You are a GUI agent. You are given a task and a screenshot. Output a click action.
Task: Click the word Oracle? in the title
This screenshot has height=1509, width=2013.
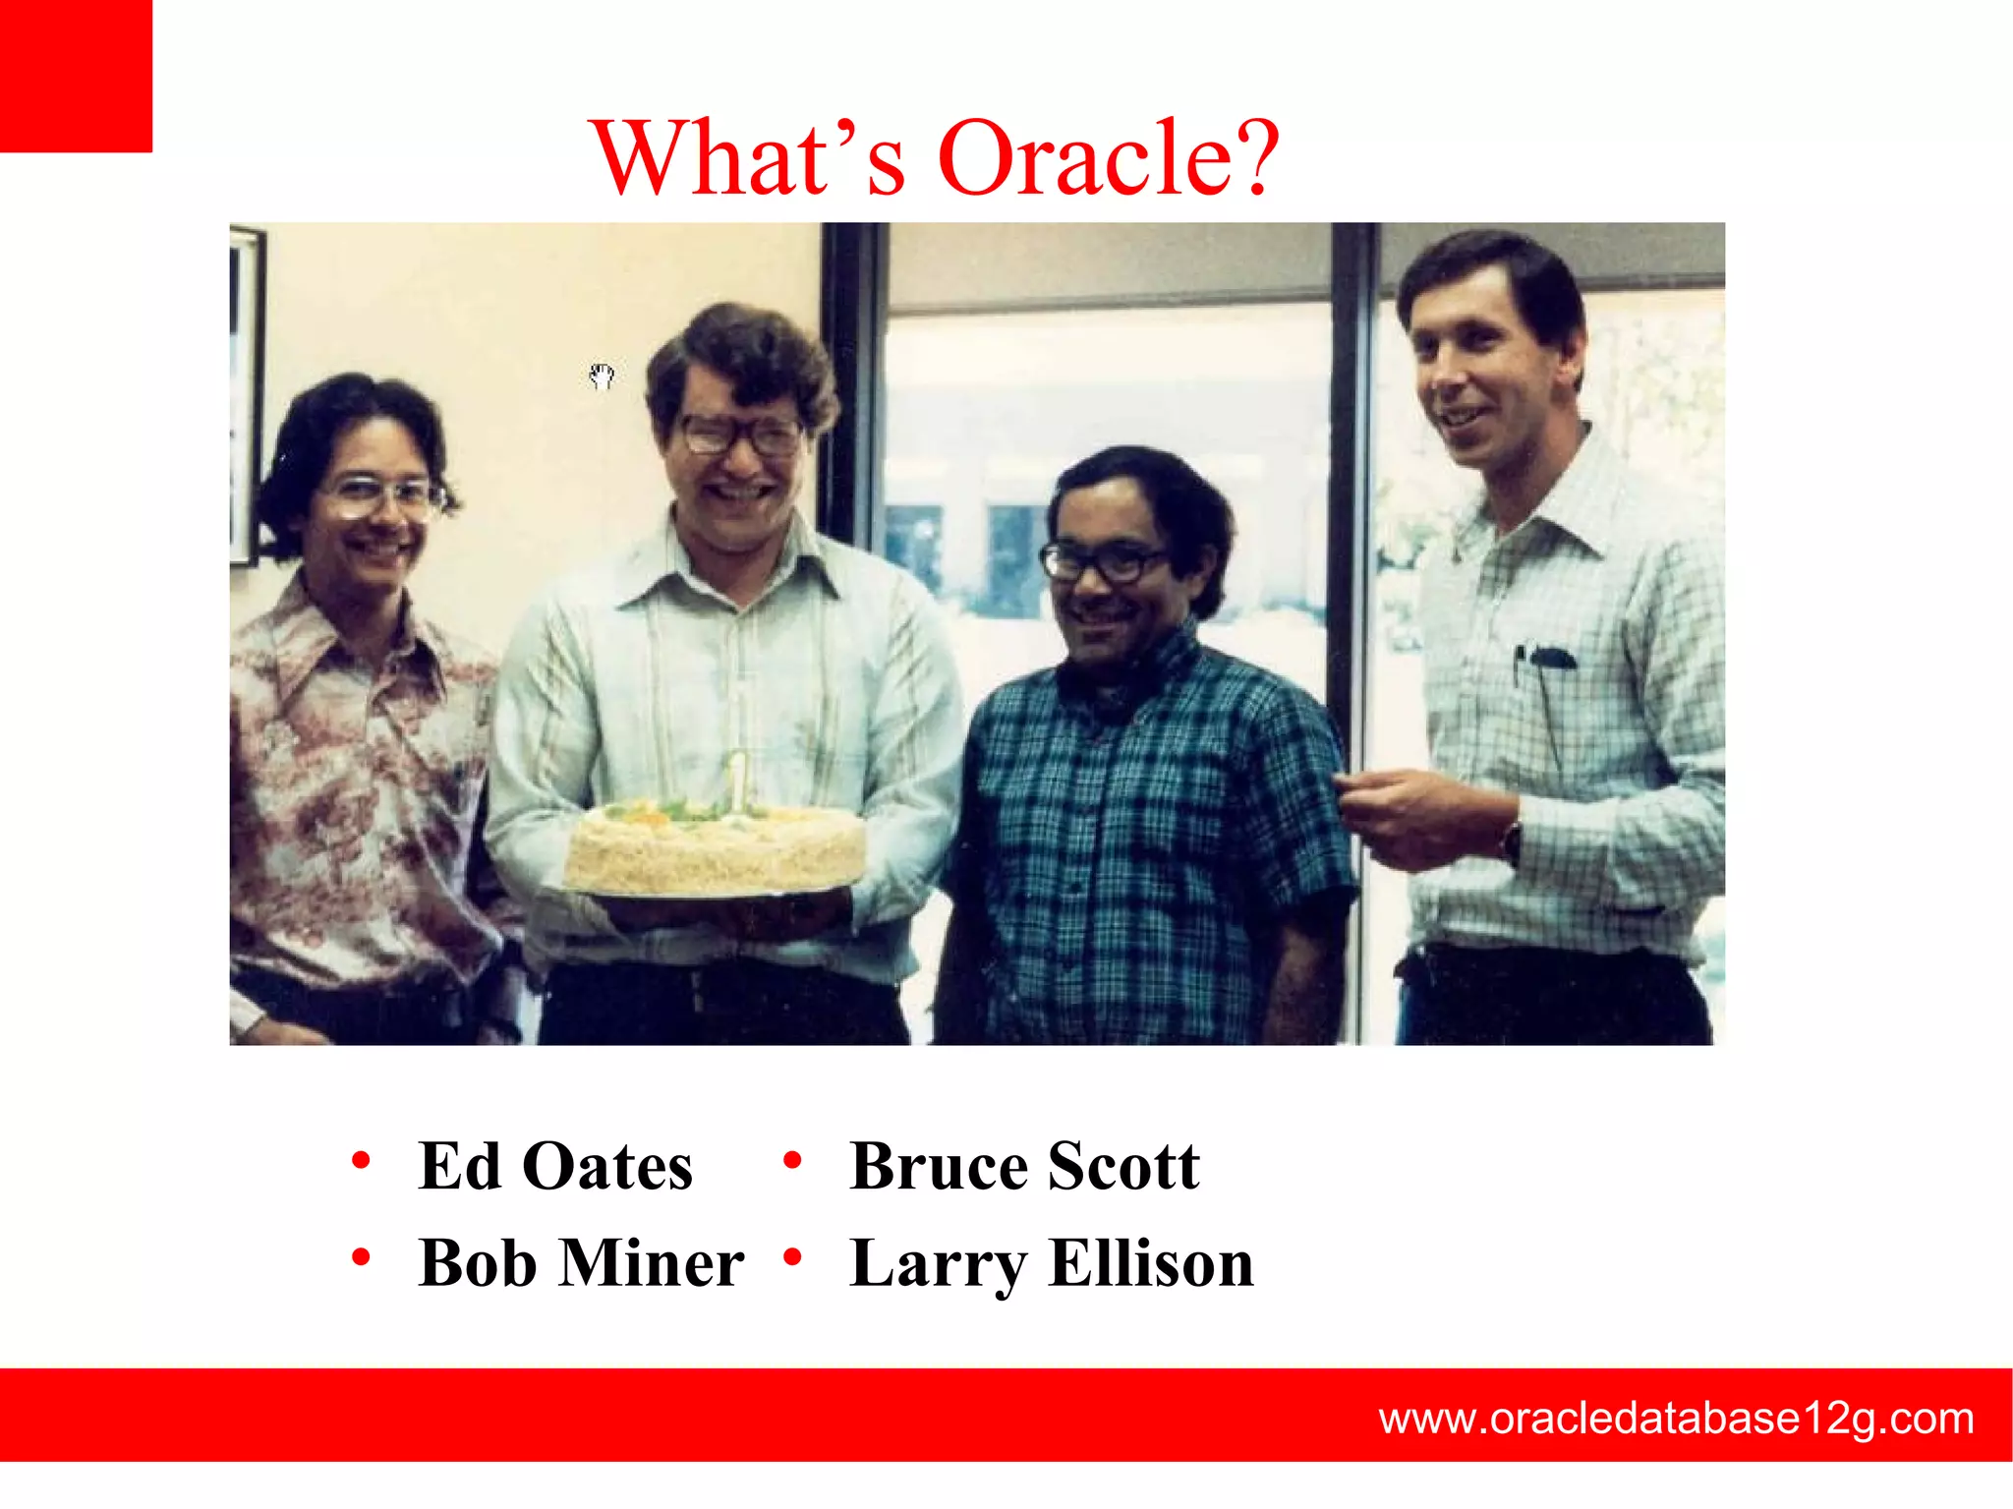pyautogui.click(x=1109, y=157)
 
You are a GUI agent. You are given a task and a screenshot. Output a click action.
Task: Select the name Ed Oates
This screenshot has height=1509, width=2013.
pyautogui.click(x=555, y=1166)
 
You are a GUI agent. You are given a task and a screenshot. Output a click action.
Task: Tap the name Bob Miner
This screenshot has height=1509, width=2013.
pyautogui.click(x=580, y=1262)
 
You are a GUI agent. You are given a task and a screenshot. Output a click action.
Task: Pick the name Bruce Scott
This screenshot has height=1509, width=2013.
pyautogui.click(x=1024, y=1166)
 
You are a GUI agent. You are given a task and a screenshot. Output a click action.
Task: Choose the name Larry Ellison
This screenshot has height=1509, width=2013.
pyautogui.click(x=1052, y=1262)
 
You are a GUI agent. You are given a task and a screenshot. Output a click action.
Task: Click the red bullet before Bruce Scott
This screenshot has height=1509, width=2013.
pyautogui.click(x=792, y=1161)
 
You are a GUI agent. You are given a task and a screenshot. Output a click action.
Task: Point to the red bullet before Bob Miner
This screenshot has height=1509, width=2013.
pyautogui.click(x=361, y=1257)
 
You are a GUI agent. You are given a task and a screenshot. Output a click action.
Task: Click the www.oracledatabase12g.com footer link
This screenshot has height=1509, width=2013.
pyautogui.click(x=1676, y=1418)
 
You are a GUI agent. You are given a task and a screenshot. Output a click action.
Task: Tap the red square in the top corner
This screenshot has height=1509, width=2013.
pyautogui.click(x=75, y=75)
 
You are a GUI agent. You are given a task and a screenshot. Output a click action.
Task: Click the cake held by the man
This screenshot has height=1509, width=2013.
pyautogui.click(x=715, y=847)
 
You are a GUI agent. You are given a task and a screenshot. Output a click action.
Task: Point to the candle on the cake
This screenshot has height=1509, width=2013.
pyautogui.click(x=736, y=782)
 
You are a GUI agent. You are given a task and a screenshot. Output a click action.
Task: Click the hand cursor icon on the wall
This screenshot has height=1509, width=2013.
pyautogui.click(x=602, y=376)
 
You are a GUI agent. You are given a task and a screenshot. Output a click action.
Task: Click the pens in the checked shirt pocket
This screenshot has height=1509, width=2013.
pyautogui.click(x=1543, y=657)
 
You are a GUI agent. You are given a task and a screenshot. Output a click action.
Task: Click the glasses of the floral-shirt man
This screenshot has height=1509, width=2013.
pyautogui.click(x=378, y=496)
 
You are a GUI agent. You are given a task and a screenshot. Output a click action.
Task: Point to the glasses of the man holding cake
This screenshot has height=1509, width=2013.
pyautogui.click(x=742, y=434)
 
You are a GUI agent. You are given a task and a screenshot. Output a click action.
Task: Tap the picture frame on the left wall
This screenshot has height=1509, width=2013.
pyautogui.click(x=246, y=393)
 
